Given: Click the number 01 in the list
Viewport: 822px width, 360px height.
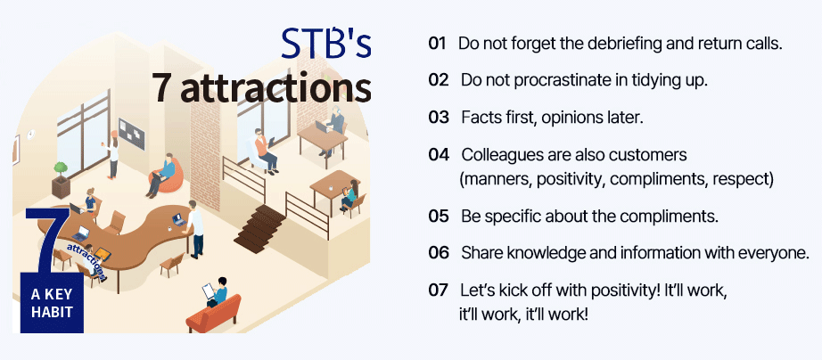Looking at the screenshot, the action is tap(437, 44).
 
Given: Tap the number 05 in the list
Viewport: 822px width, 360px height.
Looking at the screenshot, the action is tap(439, 217).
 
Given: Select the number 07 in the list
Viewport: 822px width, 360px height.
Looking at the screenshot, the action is tap(439, 290).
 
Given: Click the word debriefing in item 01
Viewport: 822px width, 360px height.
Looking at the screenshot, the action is tap(599, 44).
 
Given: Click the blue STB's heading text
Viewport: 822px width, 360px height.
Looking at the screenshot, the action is tap(326, 43).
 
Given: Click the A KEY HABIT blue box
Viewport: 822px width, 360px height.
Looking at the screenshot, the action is tap(52, 270).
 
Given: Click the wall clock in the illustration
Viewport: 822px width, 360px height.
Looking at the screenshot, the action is tap(31, 135).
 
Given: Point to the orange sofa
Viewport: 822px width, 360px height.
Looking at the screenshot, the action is tap(214, 315).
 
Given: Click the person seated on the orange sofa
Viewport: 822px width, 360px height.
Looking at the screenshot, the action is tap(218, 292).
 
